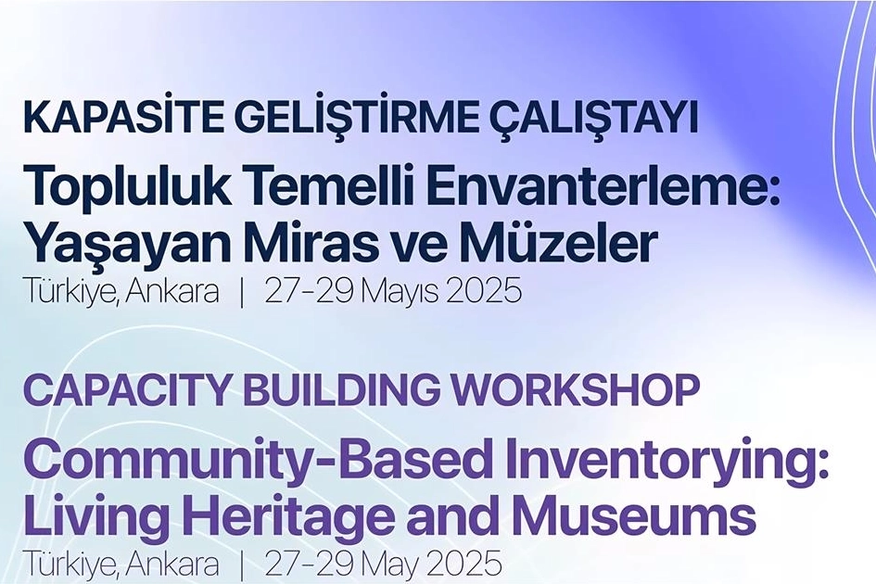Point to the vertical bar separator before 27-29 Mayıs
[241, 292]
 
